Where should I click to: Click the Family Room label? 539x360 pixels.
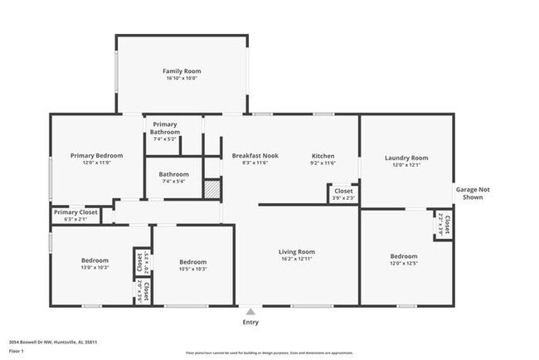click(x=181, y=71)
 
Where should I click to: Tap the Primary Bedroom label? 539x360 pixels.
click(x=96, y=155)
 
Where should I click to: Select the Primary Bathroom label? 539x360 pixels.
click(x=165, y=128)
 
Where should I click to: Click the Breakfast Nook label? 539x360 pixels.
click(x=255, y=155)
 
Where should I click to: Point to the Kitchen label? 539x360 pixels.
click(x=323, y=155)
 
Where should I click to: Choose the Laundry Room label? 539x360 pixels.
click(x=406, y=158)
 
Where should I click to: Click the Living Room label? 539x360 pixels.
click(x=296, y=251)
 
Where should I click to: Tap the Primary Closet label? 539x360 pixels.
click(x=76, y=212)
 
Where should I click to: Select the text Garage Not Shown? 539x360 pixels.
click(x=473, y=193)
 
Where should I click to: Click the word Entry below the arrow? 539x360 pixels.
click(x=250, y=322)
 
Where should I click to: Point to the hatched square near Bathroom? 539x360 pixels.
click(x=213, y=188)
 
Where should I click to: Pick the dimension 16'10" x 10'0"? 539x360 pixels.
click(x=181, y=80)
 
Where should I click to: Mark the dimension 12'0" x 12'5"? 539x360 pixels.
click(x=404, y=265)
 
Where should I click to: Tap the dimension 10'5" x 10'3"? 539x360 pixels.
click(x=192, y=269)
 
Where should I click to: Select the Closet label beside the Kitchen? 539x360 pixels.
click(x=343, y=191)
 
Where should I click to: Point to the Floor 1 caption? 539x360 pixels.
click(x=16, y=351)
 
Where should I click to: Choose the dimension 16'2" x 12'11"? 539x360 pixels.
click(x=296, y=260)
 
